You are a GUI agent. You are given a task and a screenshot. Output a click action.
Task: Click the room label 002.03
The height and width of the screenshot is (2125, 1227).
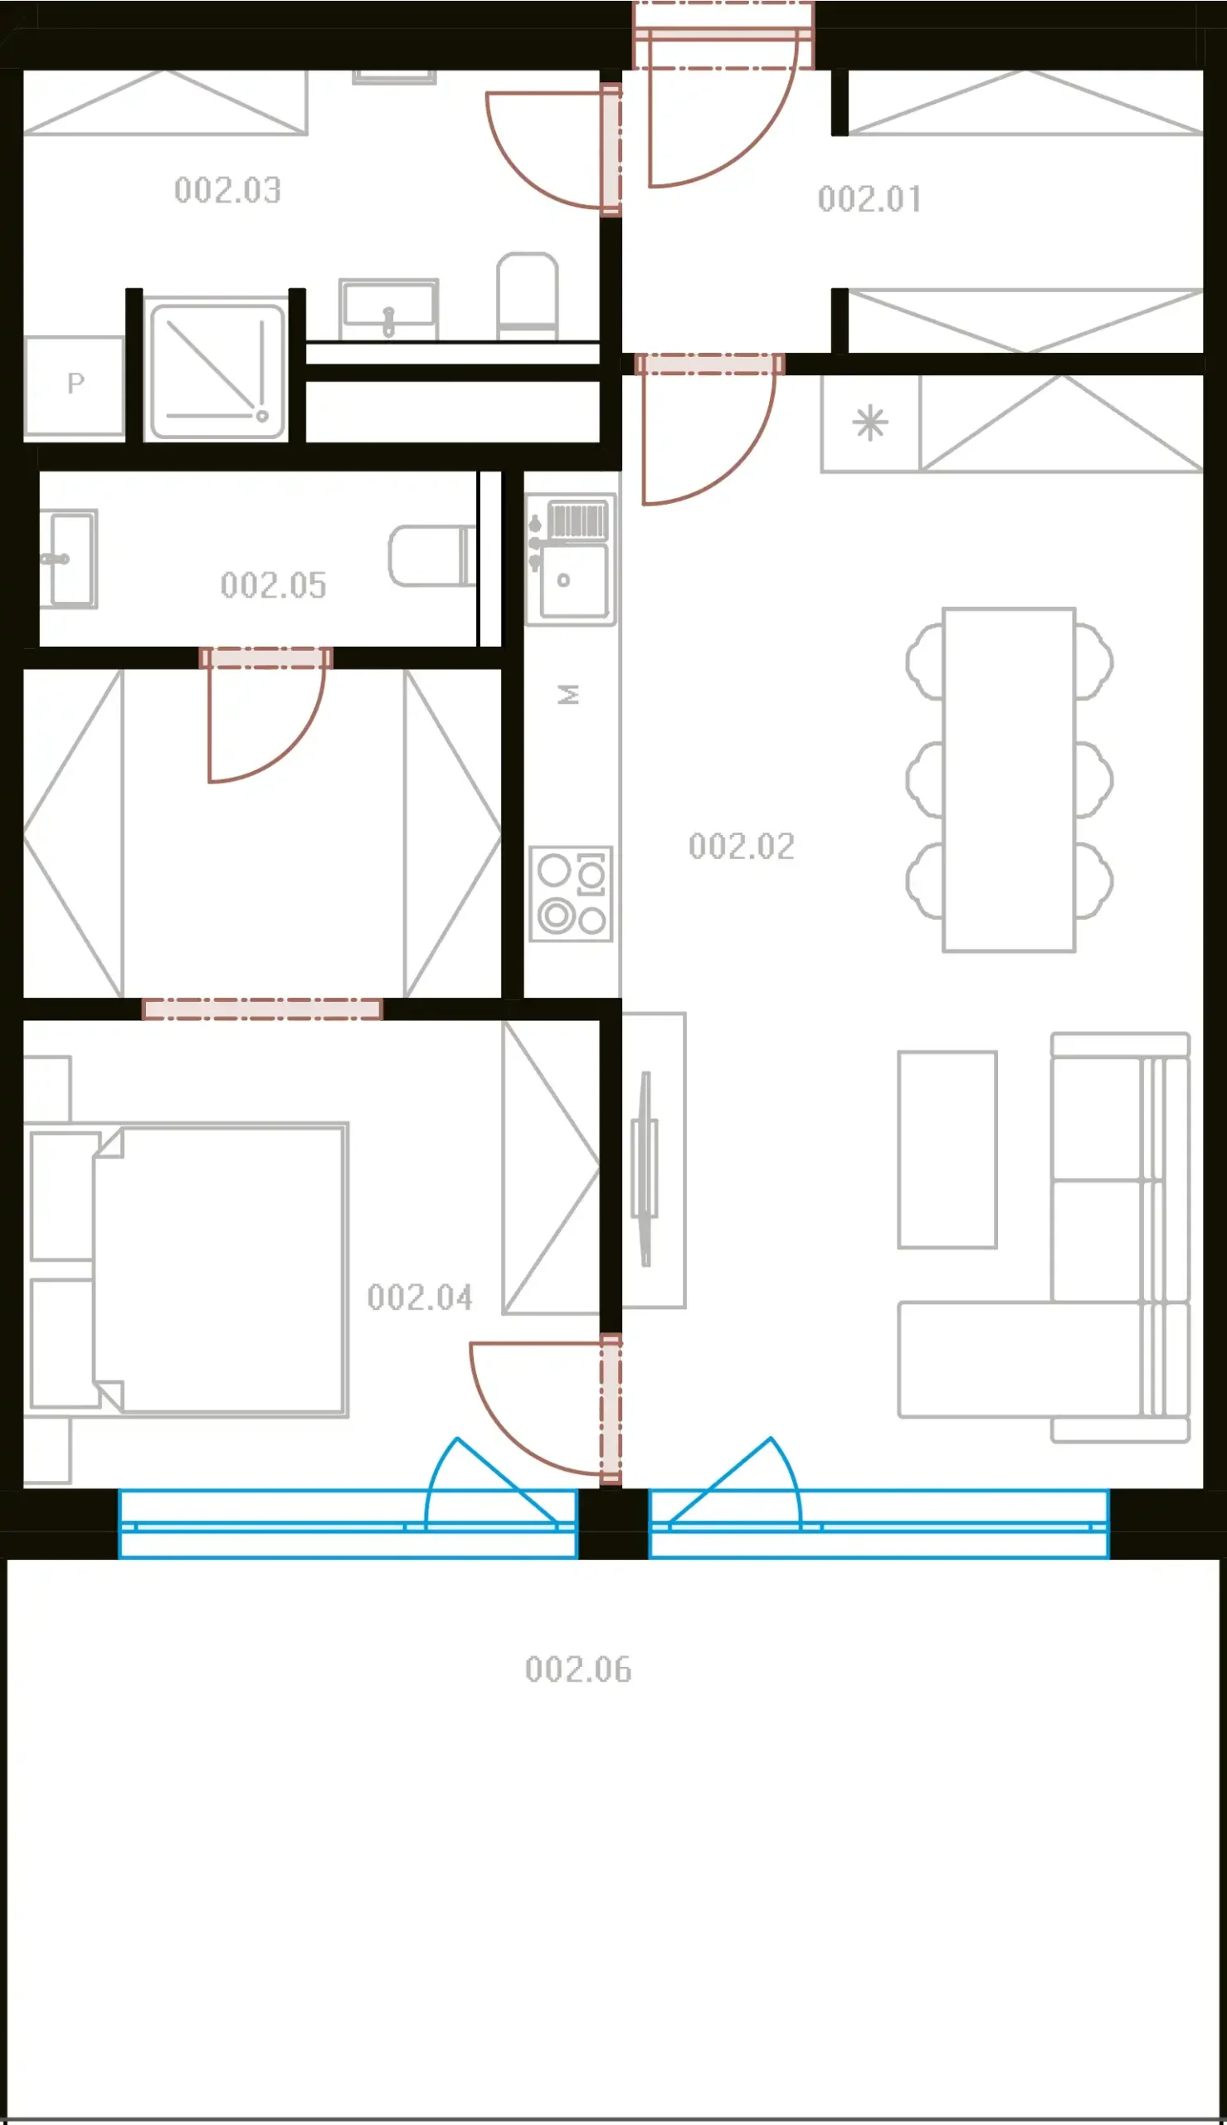(227, 190)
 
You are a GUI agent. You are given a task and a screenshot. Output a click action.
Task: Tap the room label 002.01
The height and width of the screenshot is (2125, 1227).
(869, 199)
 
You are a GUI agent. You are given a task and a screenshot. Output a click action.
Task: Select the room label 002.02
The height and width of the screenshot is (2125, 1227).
(742, 847)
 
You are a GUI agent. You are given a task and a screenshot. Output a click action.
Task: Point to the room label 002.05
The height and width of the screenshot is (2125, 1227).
(273, 585)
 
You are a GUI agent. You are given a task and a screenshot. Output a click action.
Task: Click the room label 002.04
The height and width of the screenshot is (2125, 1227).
(420, 1297)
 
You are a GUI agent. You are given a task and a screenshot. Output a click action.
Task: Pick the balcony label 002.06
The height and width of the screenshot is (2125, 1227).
(578, 1669)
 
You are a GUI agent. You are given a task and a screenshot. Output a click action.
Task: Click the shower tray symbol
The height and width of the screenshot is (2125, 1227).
(217, 371)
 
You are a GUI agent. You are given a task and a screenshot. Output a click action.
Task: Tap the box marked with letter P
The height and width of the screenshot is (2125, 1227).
(75, 386)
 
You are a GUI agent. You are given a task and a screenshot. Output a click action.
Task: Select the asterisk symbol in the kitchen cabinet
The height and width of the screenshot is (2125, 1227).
(870, 423)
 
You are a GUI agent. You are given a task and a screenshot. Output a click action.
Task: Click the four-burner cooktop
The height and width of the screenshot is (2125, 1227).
(571, 893)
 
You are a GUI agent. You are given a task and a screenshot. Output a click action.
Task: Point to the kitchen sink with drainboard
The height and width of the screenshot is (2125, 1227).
(572, 559)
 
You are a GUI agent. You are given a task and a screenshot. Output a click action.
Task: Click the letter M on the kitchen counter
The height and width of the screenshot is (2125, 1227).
(569, 695)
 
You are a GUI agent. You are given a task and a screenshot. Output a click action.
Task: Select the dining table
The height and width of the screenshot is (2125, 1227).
(1009, 779)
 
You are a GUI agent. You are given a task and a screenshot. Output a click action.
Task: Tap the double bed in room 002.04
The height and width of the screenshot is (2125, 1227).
(219, 1269)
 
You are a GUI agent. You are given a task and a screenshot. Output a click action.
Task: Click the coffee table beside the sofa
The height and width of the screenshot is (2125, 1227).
(947, 1150)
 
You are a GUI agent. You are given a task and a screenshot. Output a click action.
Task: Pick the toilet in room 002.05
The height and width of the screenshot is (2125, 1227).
(432, 556)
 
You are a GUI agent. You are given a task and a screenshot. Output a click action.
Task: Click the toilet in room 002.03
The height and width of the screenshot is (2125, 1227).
(528, 295)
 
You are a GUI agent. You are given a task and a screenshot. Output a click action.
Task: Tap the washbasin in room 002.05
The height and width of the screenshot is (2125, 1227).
(70, 559)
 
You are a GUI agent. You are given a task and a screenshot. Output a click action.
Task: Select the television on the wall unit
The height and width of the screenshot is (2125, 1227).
(645, 1168)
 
